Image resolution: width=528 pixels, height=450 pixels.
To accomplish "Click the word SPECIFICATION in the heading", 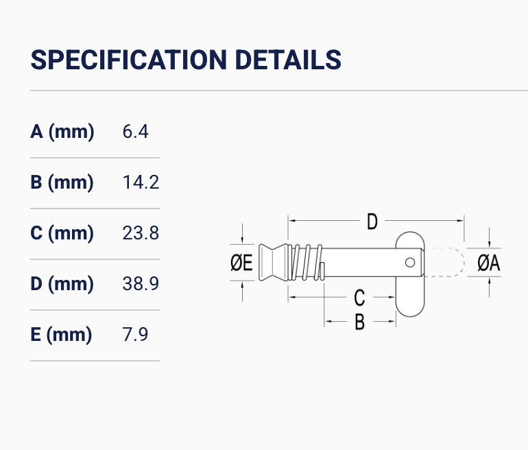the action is [x=129, y=60].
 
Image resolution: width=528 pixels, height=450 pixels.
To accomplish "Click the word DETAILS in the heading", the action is [x=288, y=60].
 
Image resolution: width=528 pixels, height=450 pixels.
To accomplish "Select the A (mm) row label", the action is [x=62, y=131].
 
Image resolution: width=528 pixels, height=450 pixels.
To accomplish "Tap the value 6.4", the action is [x=135, y=131].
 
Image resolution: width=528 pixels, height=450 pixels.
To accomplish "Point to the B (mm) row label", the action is [x=62, y=182].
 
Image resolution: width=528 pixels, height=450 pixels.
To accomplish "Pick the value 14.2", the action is [x=141, y=182].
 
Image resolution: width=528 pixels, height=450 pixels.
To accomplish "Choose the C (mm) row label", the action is [x=62, y=233].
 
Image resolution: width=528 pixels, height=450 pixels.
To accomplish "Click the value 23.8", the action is [x=141, y=233].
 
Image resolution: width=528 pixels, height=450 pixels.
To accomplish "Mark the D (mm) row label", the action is [x=62, y=283].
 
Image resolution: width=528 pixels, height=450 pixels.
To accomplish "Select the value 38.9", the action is [x=141, y=283].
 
